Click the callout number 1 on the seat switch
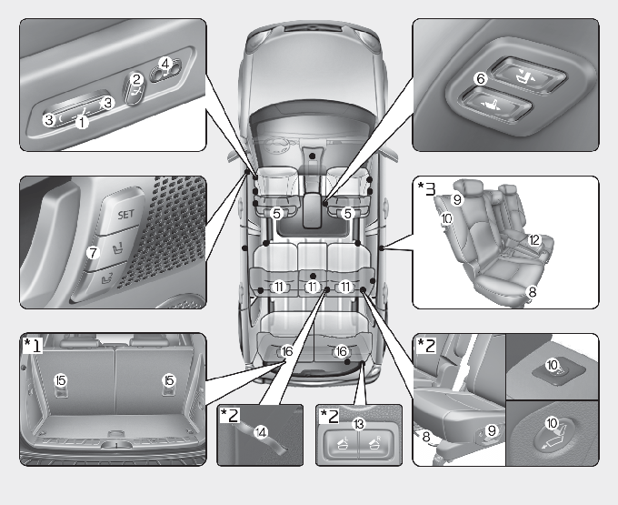81,120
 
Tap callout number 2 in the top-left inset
136,80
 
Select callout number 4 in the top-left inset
164,64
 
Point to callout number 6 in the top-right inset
481,80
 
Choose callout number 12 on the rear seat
534,240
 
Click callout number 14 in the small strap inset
264,430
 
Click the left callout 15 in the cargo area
62,379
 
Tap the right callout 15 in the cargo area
168,379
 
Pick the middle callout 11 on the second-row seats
313,287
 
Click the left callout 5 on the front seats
278,214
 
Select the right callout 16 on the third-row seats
342,350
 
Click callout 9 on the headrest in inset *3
458,198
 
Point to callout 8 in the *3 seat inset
533,292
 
